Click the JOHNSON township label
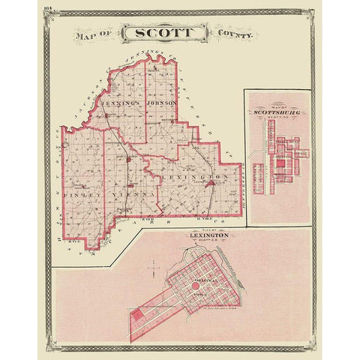tap(160, 103)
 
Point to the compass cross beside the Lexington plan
tap(154, 266)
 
